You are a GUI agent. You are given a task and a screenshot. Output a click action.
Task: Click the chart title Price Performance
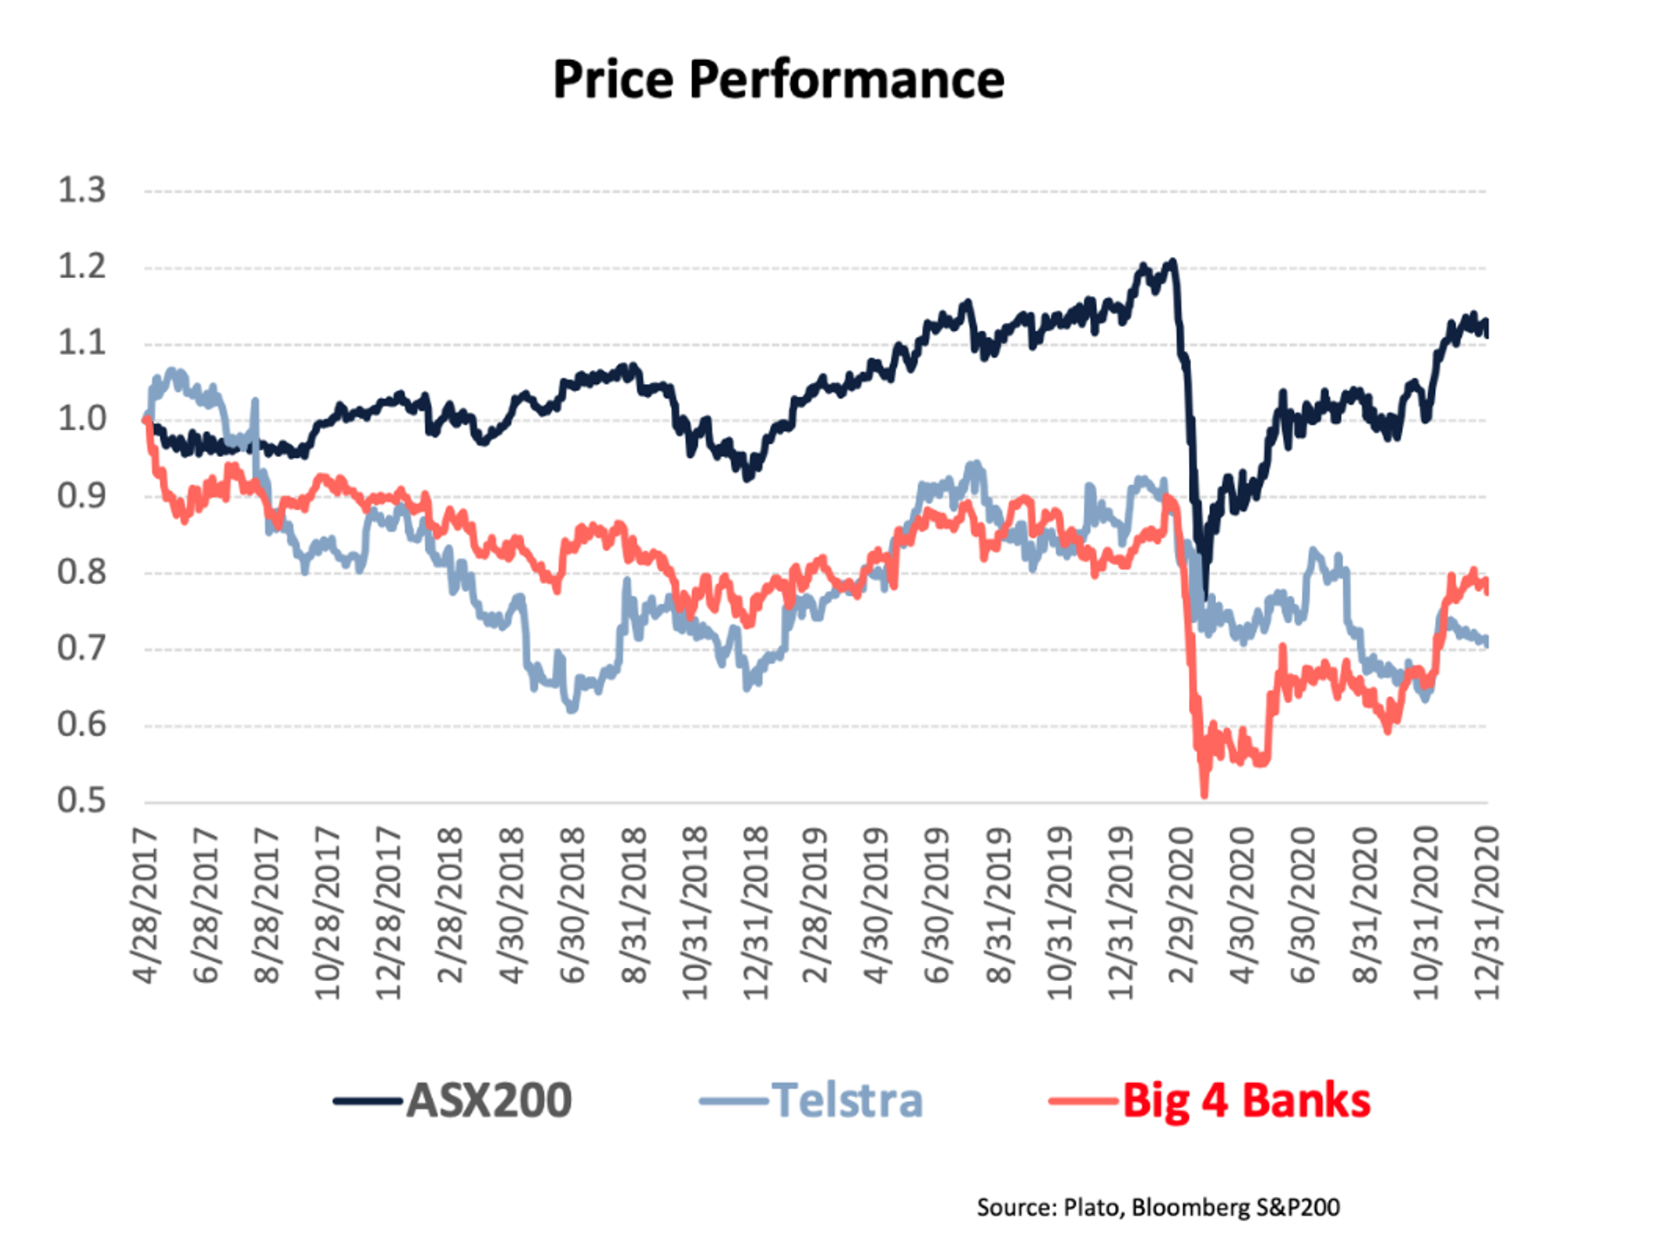point(778,79)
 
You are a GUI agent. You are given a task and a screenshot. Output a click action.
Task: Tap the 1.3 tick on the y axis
point(82,190)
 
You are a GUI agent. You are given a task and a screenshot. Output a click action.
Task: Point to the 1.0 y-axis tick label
point(82,420)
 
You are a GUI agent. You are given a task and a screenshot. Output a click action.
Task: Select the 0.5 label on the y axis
point(82,801)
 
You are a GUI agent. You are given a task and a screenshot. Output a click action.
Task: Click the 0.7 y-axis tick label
point(82,649)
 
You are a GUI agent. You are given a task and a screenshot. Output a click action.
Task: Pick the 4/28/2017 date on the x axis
point(146,907)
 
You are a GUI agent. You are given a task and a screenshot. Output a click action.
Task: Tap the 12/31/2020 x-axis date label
point(1486,913)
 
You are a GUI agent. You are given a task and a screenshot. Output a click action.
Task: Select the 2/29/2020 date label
point(1181,907)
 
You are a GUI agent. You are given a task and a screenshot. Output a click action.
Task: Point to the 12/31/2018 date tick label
point(755,913)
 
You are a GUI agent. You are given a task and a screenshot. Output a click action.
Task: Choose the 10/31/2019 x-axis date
point(1060,913)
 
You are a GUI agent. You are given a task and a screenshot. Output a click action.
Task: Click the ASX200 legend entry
point(489,1100)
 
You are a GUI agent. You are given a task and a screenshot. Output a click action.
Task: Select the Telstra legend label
point(847,1100)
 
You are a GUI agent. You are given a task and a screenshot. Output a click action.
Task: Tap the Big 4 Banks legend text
point(1246,1100)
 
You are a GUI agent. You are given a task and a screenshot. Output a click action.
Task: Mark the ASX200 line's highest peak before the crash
point(1173,262)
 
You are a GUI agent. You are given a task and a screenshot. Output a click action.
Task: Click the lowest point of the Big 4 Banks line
point(1204,795)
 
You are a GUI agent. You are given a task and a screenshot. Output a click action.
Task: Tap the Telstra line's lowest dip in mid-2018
point(572,709)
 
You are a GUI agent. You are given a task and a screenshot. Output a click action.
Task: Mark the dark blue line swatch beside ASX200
point(367,1101)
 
